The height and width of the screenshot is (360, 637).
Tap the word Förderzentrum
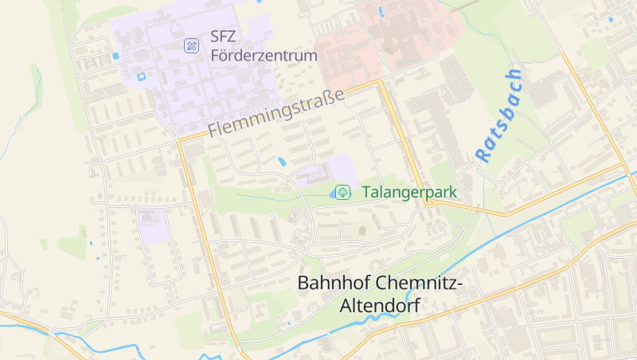(264, 56)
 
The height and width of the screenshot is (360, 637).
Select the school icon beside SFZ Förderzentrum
(191, 45)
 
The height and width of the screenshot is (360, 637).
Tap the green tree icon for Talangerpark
(343, 192)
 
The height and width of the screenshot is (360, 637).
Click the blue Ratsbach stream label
(499, 115)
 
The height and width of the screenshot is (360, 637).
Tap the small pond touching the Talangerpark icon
(333, 194)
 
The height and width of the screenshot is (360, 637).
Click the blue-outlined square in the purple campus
(142, 76)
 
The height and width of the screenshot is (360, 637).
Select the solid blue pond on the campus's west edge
(116, 57)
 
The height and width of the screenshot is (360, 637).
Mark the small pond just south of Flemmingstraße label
(283, 162)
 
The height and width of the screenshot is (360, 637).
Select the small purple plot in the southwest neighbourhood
(150, 227)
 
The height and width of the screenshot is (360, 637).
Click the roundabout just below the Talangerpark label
(429, 204)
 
